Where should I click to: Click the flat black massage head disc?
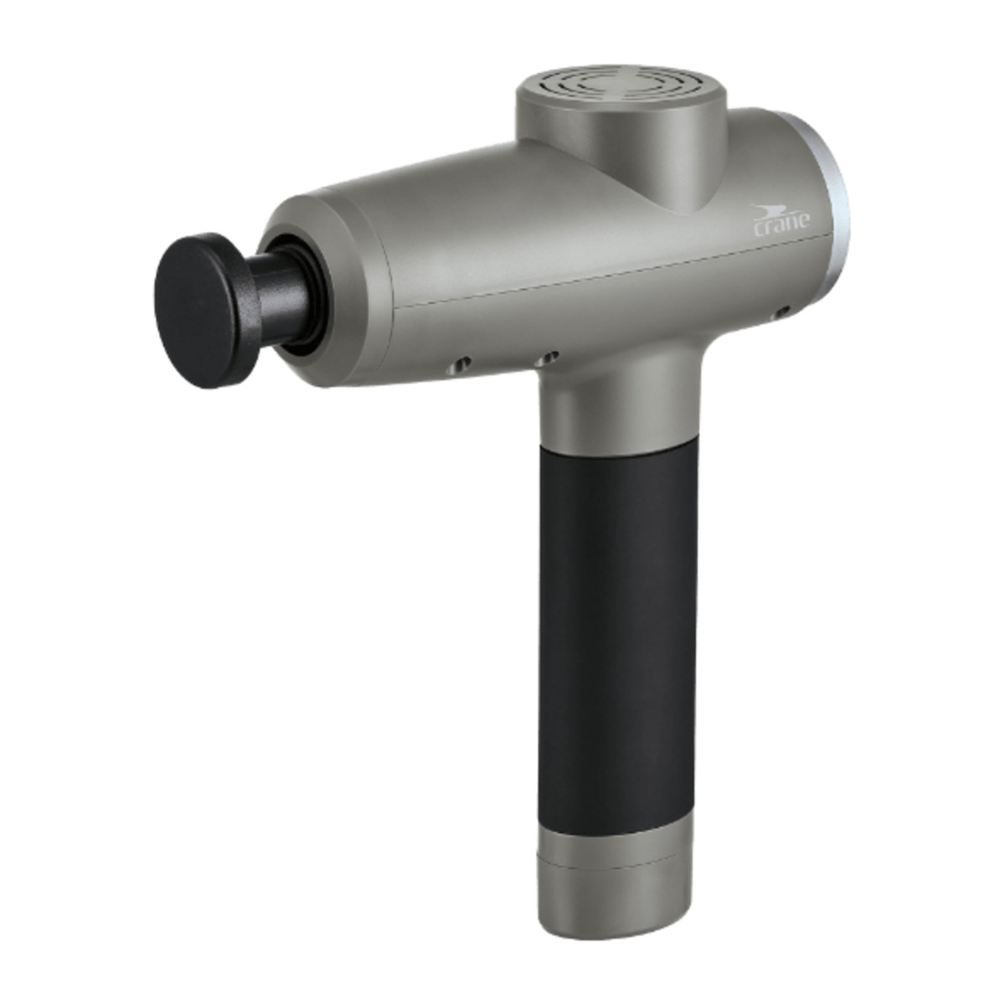[x=208, y=311]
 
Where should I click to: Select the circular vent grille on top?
[x=621, y=84]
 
